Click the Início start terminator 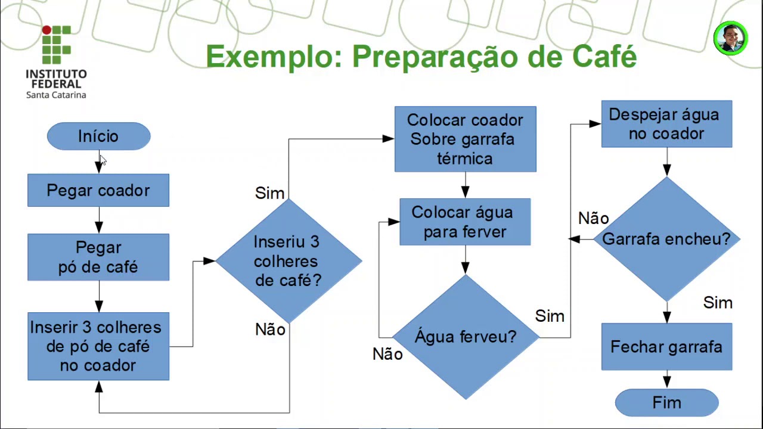pyautogui.click(x=98, y=136)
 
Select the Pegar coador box pyautogui.click(x=98, y=191)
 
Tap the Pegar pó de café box pyautogui.click(x=98, y=257)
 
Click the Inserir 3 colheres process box pyautogui.click(x=98, y=346)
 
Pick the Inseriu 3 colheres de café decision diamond pyautogui.click(x=289, y=261)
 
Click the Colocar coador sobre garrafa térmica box pyautogui.click(x=465, y=139)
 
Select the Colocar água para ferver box pyautogui.click(x=465, y=222)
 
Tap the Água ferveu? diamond pyautogui.click(x=466, y=337)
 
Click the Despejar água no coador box pyautogui.click(x=666, y=124)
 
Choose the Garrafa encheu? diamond pyautogui.click(x=666, y=240)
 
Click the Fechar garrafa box pyautogui.click(x=666, y=347)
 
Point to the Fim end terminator pyautogui.click(x=666, y=403)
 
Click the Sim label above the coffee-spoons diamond pyautogui.click(x=269, y=193)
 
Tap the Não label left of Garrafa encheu pyautogui.click(x=593, y=219)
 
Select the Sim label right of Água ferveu pyautogui.click(x=550, y=316)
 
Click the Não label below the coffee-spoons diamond pyautogui.click(x=270, y=329)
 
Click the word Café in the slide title pyautogui.click(x=604, y=57)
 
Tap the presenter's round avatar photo pyautogui.click(x=730, y=39)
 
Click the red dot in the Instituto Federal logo pyautogui.click(x=46, y=30)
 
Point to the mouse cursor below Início pyautogui.click(x=103, y=160)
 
